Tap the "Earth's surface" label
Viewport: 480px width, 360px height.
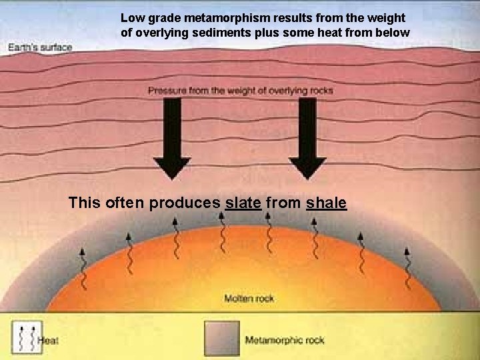(x=40, y=47)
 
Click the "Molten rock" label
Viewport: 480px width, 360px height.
(x=249, y=299)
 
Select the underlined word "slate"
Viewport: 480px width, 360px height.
(x=243, y=202)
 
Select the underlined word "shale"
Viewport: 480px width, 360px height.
(x=326, y=202)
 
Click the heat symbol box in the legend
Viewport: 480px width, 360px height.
(x=25, y=337)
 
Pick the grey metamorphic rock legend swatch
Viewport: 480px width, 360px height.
(x=222, y=338)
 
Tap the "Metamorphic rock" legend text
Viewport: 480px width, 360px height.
(x=285, y=340)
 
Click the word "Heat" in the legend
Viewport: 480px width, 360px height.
(x=49, y=341)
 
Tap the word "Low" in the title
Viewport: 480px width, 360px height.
(x=131, y=18)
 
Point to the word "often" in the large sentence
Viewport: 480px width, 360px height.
(x=125, y=202)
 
